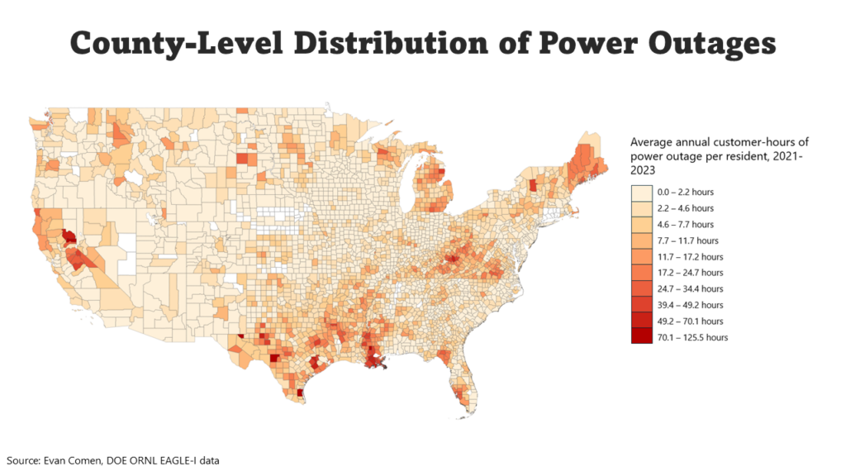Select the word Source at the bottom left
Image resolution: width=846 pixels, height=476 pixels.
tap(21, 459)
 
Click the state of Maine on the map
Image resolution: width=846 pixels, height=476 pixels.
tap(588, 157)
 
